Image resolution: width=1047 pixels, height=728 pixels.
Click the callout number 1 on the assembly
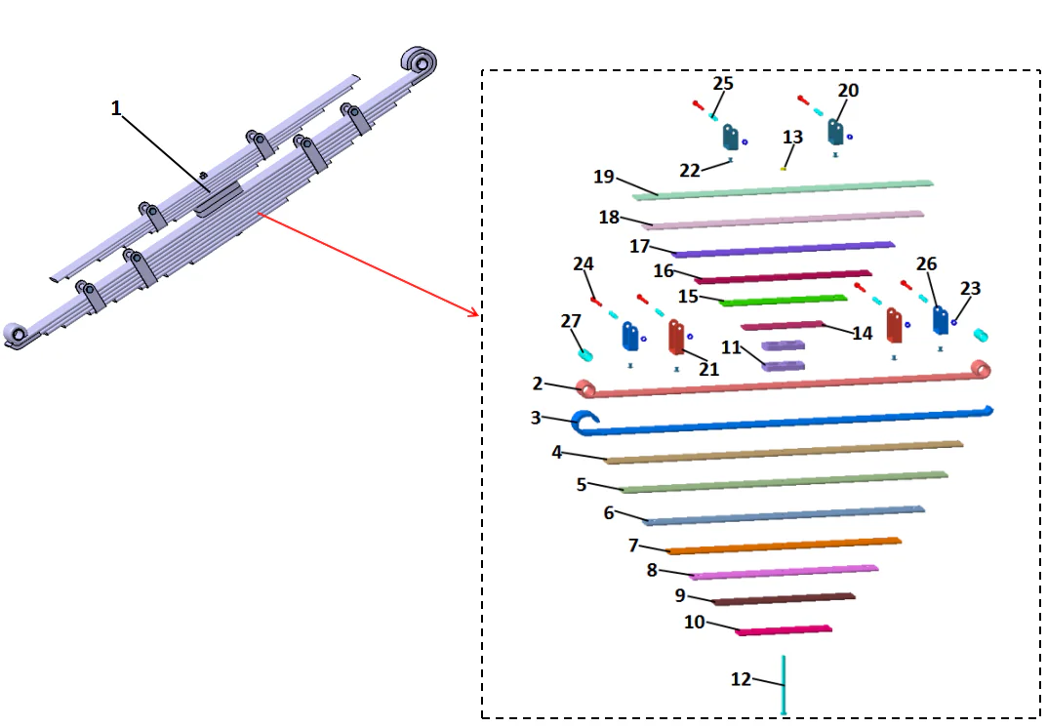pos(116,108)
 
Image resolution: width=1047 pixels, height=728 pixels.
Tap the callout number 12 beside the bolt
pos(742,679)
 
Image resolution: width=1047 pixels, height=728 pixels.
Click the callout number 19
pos(604,177)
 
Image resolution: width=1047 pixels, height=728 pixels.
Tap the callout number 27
pos(571,322)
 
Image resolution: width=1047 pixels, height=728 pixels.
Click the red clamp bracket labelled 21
pos(675,337)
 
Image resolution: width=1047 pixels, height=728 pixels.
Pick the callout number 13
pos(792,137)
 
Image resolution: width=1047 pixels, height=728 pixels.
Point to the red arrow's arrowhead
pos(475,313)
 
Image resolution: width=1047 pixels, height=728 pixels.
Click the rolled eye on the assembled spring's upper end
pos(421,62)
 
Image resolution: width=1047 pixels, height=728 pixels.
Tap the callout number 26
pos(926,264)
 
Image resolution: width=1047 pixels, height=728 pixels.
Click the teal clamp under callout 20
pos(836,132)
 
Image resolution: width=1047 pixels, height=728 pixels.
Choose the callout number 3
pos(536,418)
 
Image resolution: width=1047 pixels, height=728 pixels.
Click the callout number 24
pos(584,264)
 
